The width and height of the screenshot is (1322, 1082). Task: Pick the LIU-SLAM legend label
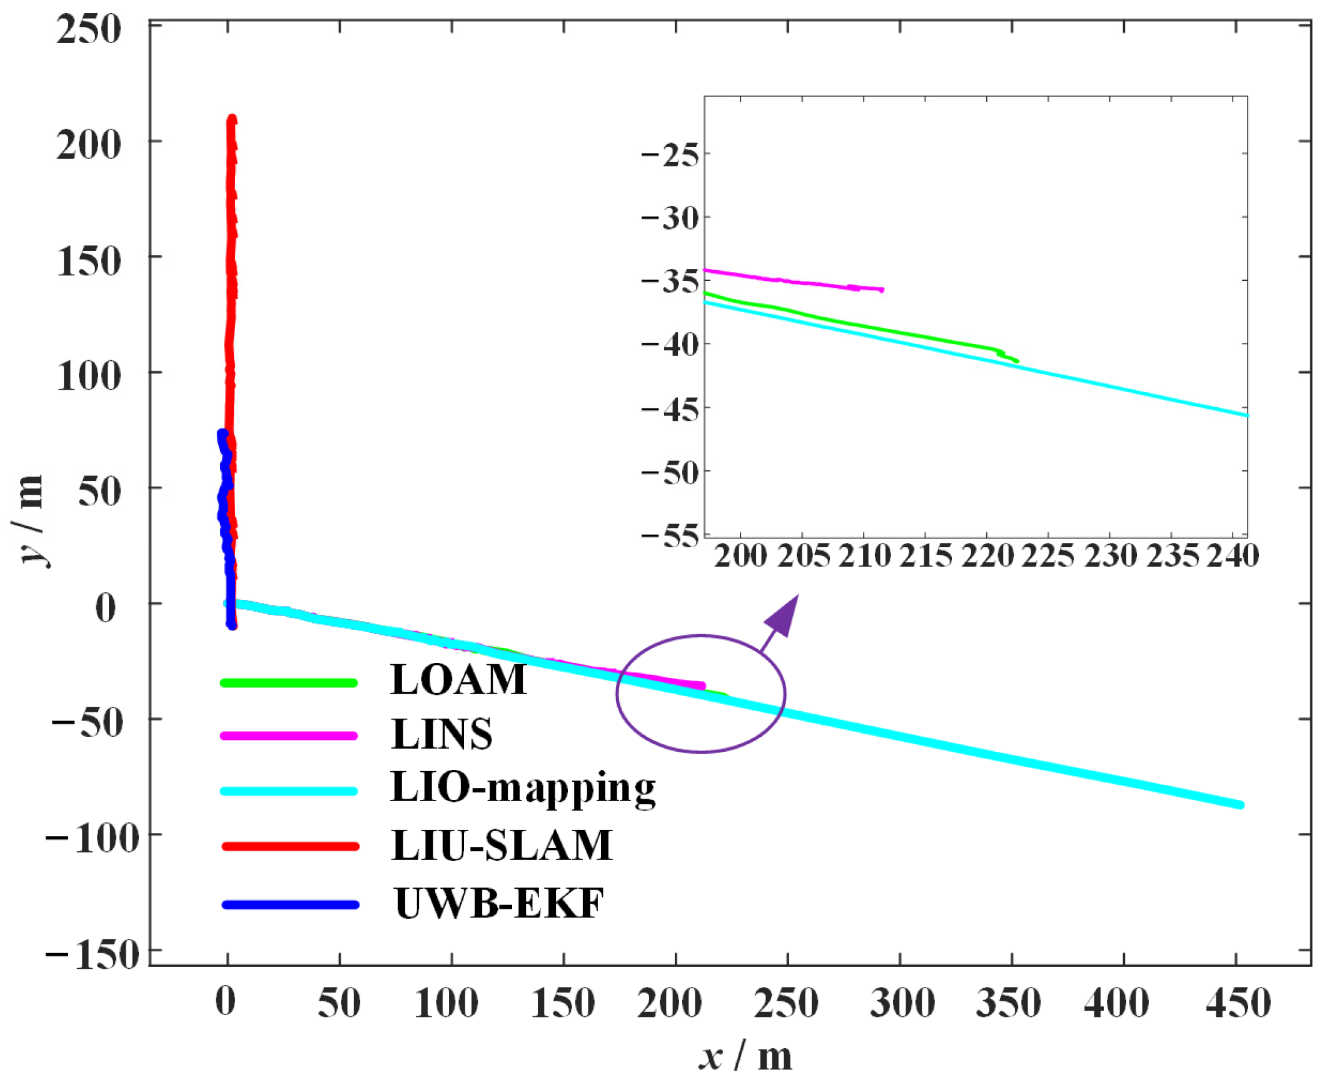(x=502, y=845)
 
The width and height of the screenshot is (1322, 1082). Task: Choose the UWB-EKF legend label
(x=498, y=903)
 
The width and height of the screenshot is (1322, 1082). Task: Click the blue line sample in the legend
(x=290, y=904)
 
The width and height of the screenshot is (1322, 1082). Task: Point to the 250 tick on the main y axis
(x=88, y=29)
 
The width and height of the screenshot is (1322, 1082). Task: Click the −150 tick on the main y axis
(x=92, y=954)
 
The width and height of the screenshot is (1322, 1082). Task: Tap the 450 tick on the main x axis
(x=1238, y=1003)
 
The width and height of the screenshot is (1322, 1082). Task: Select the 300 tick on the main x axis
(x=901, y=1003)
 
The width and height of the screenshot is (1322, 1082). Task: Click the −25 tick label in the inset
(x=670, y=154)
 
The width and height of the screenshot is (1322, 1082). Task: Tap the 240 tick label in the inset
(x=1232, y=555)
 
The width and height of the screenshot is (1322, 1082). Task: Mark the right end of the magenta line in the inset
(x=882, y=290)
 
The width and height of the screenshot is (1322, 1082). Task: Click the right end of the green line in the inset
(x=1017, y=361)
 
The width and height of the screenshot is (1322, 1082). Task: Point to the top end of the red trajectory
(x=232, y=118)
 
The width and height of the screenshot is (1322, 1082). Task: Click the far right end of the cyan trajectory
(x=1240, y=805)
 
